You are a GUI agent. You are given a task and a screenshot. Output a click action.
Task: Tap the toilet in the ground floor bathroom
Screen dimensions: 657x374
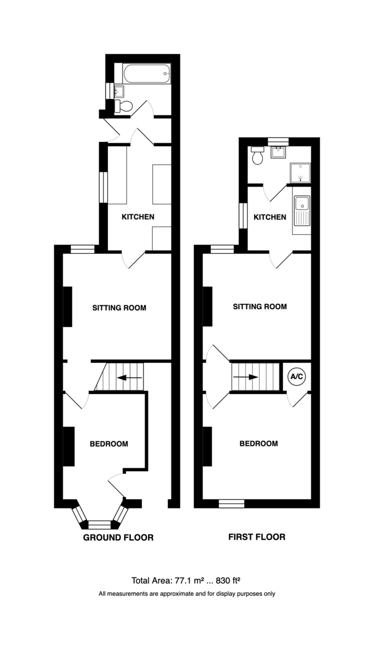click(x=124, y=106)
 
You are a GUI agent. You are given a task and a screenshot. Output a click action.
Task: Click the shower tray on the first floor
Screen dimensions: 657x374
click(x=301, y=173)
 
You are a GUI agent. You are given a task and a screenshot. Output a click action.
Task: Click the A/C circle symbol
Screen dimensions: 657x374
click(x=297, y=377)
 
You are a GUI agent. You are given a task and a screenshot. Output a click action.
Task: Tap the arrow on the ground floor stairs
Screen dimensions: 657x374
click(x=130, y=377)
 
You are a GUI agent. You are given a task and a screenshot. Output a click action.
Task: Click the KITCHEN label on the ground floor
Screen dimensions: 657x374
click(x=137, y=217)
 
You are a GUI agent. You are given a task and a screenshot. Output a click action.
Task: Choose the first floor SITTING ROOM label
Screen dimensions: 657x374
click(x=260, y=307)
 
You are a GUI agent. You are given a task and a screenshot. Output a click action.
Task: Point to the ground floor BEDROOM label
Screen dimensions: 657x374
click(x=109, y=443)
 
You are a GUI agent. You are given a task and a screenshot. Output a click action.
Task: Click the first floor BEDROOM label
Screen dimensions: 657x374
click(x=258, y=443)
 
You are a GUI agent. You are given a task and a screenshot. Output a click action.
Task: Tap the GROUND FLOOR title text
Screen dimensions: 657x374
click(x=118, y=538)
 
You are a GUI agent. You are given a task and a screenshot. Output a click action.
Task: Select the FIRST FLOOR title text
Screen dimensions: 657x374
click(x=256, y=537)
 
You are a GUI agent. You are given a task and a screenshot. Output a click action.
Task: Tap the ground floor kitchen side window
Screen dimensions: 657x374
click(x=102, y=188)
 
